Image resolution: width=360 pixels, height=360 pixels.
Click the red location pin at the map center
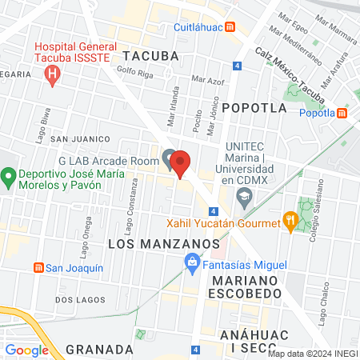coord(182,163)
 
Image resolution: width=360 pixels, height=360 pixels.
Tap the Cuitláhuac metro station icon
coord(230,26)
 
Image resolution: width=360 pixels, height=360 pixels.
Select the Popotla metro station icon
coord(343,113)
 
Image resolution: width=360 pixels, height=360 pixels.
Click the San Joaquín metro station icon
coord(37,268)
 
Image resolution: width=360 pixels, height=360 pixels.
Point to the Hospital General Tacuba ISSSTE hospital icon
coord(54,77)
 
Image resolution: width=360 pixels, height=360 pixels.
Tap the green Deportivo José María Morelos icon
coord(9,176)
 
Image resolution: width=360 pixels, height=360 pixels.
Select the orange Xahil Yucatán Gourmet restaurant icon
coord(289,222)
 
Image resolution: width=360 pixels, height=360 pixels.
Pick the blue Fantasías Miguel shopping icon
coord(192,261)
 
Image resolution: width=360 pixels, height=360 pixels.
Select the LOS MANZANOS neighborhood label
coord(163,242)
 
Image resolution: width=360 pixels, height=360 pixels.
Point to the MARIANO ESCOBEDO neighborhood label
coord(246,288)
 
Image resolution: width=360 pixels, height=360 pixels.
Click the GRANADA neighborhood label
coord(99,349)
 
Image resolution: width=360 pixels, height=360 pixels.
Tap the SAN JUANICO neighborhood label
coord(80,139)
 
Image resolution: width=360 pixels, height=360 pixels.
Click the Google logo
coord(26,350)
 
